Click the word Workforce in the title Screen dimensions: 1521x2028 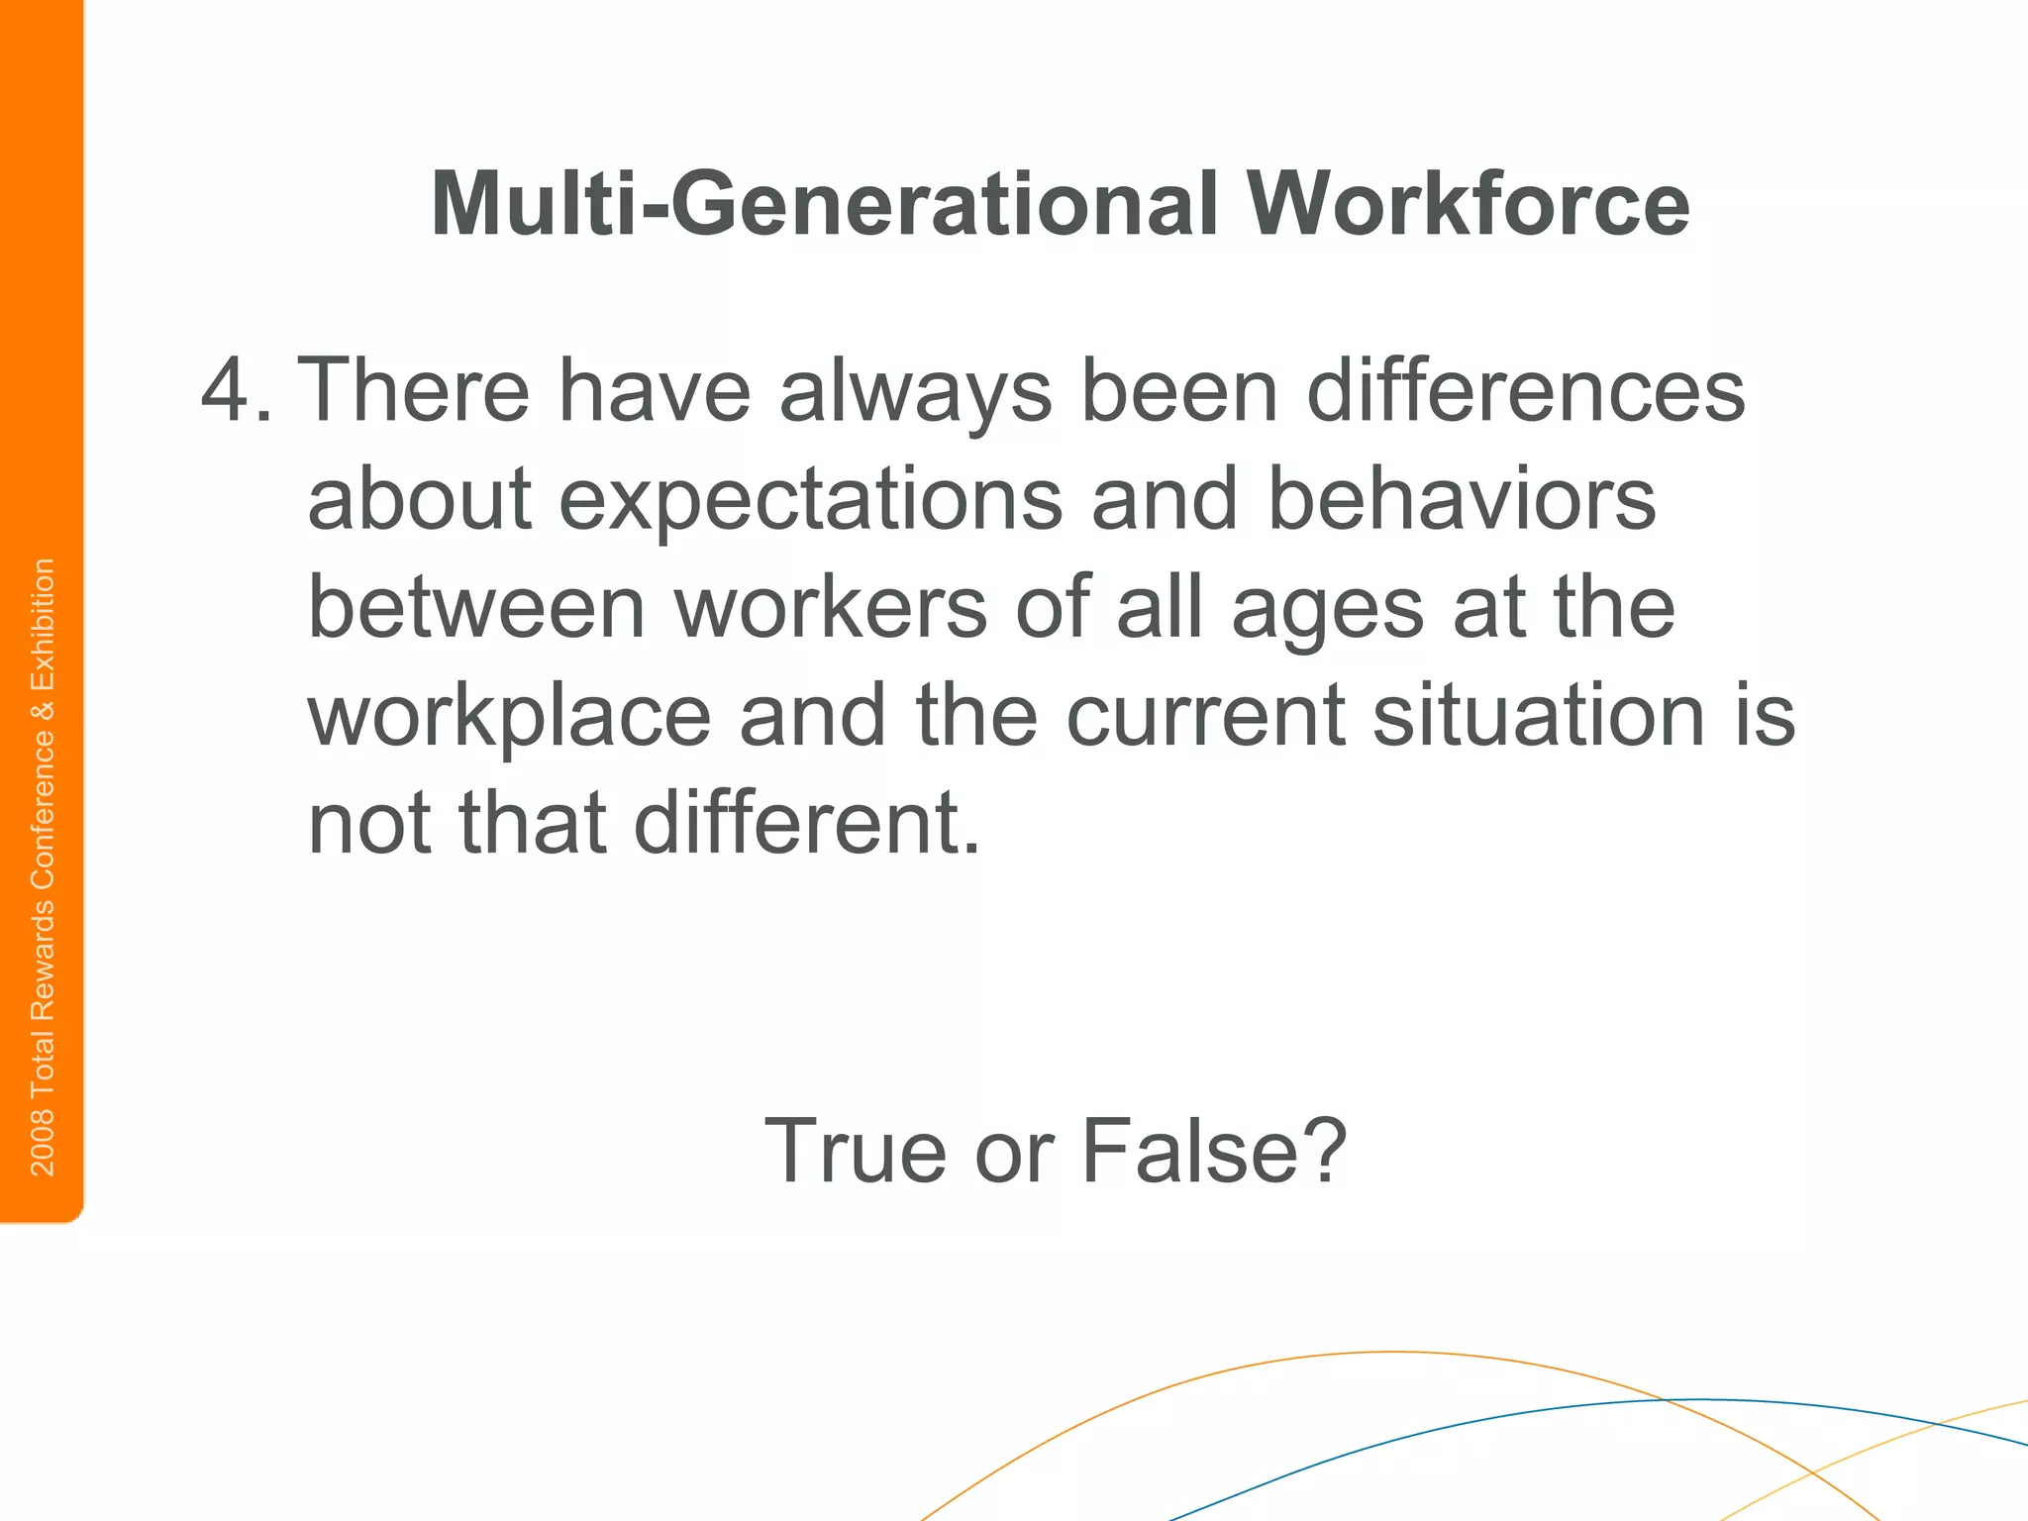[x=1468, y=205]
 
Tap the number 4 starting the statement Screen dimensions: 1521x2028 [x=225, y=391]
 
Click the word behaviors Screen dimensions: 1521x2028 [x=1461, y=499]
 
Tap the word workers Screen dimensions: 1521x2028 [x=831, y=607]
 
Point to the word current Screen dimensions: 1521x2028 [x=1204, y=715]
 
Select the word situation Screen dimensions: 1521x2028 [x=1539, y=715]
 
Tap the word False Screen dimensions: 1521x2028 [x=1213, y=1151]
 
